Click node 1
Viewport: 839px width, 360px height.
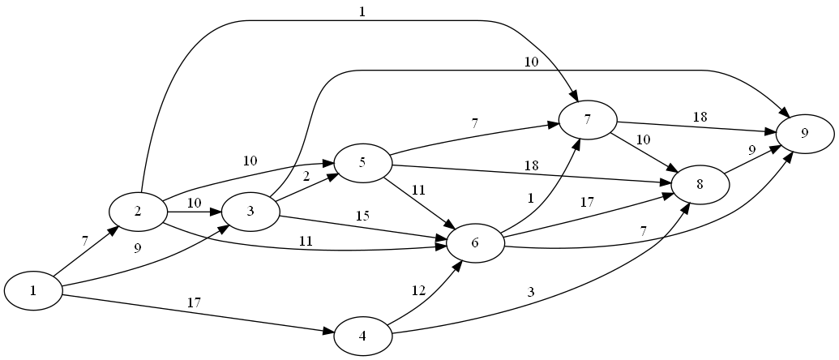[34, 291]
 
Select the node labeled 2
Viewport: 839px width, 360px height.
[138, 212]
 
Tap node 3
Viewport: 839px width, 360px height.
[250, 212]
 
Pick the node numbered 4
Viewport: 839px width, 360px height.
[362, 336]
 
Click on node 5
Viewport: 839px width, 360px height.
[362, 163]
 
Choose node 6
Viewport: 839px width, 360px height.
[475, 242]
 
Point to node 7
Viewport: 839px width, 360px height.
[587, 119]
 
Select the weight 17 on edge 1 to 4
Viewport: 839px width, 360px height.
[195, 302]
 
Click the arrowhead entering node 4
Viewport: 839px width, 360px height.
[328, 332]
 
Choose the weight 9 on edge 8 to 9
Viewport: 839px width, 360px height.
[753, 149]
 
